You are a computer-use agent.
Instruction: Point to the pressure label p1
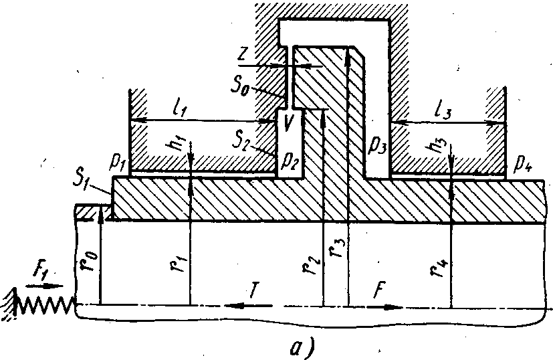tap(118, 162)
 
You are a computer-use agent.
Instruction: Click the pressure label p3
tap(377, 142)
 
